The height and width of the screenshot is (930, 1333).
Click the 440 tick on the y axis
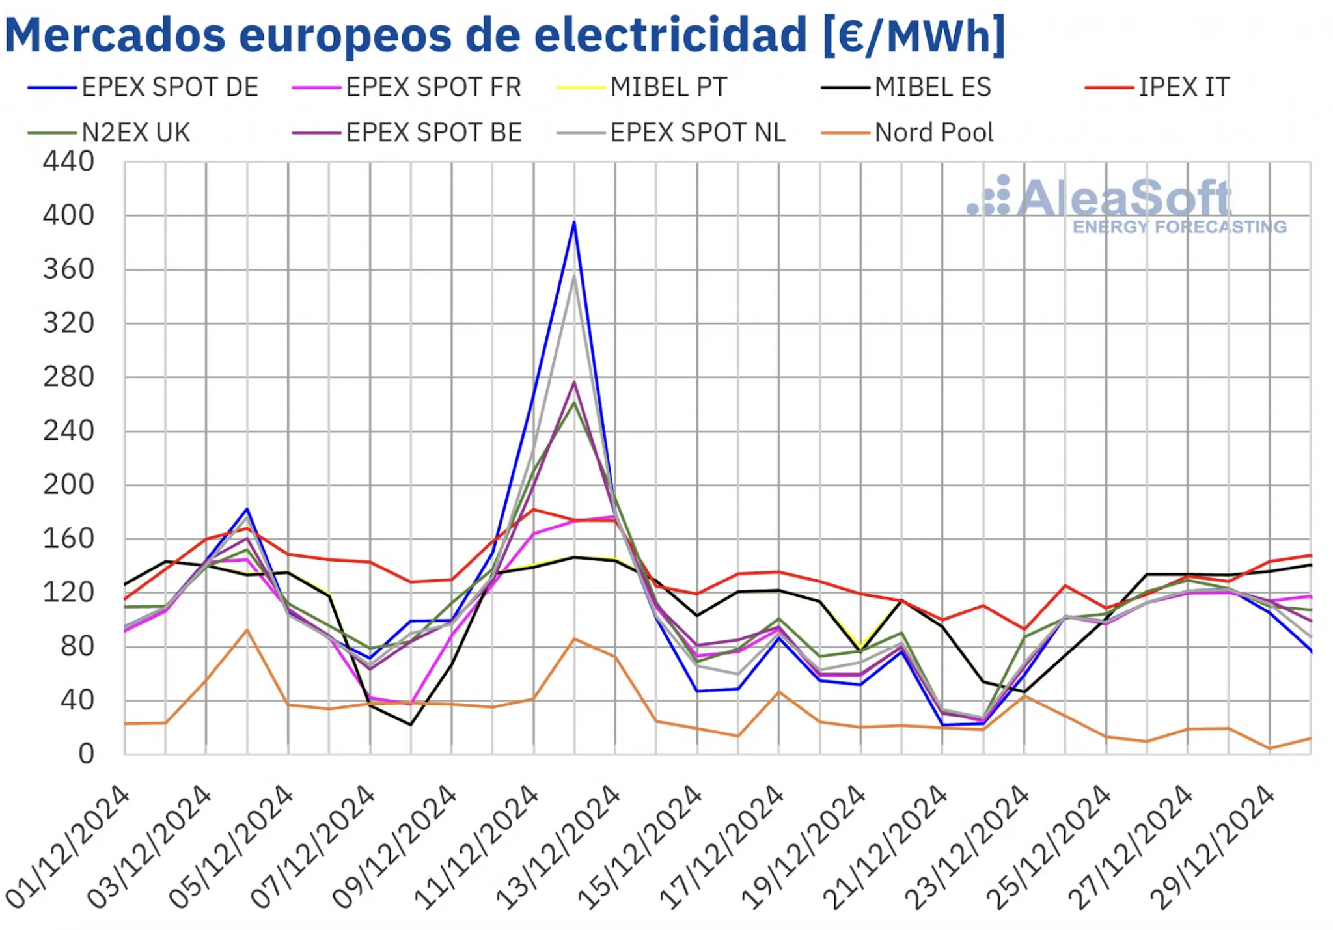click(68, 161)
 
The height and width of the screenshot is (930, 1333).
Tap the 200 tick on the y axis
click(68, 485)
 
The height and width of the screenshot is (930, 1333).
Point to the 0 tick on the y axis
click(86, 754)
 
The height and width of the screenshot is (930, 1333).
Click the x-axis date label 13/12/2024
click(558, 846)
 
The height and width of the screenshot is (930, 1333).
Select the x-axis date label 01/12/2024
click(68, 846)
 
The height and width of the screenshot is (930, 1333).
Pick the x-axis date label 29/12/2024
click(1212, 846)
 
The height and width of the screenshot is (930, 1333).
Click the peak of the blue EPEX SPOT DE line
click(574, 223)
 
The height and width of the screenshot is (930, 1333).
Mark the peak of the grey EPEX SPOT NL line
click(574, 276)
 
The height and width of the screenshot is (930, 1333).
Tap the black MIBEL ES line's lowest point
click(410, 724)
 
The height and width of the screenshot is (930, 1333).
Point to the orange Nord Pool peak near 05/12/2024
click(247, 630)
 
